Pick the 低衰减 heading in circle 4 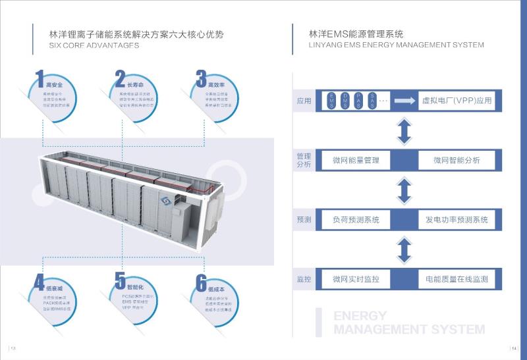pyautogui.click(x=55, y=288)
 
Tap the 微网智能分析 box pyautogui.click(x=456, y=160)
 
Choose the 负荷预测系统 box pyautogui.click(x=356, y=220)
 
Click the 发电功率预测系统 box pyautogui.click(x=456, y=220)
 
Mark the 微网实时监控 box pyautogui.click(x=356, y=279)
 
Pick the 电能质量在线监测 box pyautogui.click(x=456, y=279)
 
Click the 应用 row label pyautogui.click(x=304, y=101)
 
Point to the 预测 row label pyautogui.click(x=304, y=220)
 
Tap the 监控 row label pyautogui.click(x=304, y=279)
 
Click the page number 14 pyautogui.click(x=514, y=348)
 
